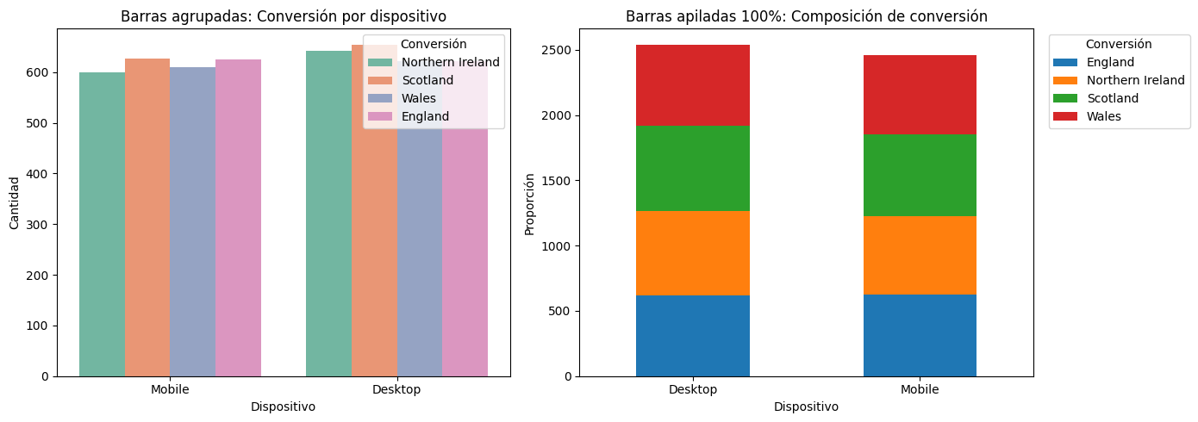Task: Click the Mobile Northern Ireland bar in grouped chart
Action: pos(102,224)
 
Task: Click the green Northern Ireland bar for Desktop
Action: pos(328,224)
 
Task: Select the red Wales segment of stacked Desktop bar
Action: pos(693,85)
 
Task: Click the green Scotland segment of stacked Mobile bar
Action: pos(920,175)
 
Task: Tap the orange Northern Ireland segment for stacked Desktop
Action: pos(693,253)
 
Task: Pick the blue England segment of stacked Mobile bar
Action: pos(920,335)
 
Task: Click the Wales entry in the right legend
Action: pos(1103,116)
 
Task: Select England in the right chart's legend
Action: pos(1110,62)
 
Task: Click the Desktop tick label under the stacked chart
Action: pos(693,389)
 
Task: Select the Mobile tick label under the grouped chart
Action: pos(170,389)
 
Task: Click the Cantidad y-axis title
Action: pos(14,202)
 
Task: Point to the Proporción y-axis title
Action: pos(530,203)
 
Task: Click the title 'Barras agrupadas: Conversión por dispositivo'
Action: pos(284,16)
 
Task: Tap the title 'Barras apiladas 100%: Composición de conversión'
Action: pos(806,16)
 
